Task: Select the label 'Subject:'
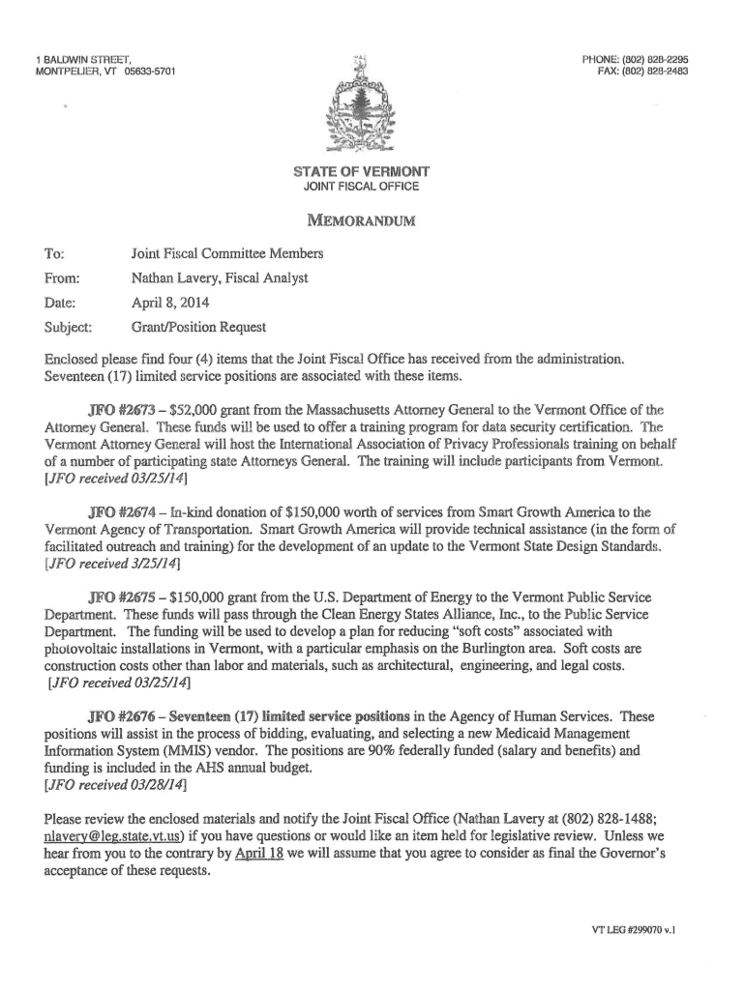68,327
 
